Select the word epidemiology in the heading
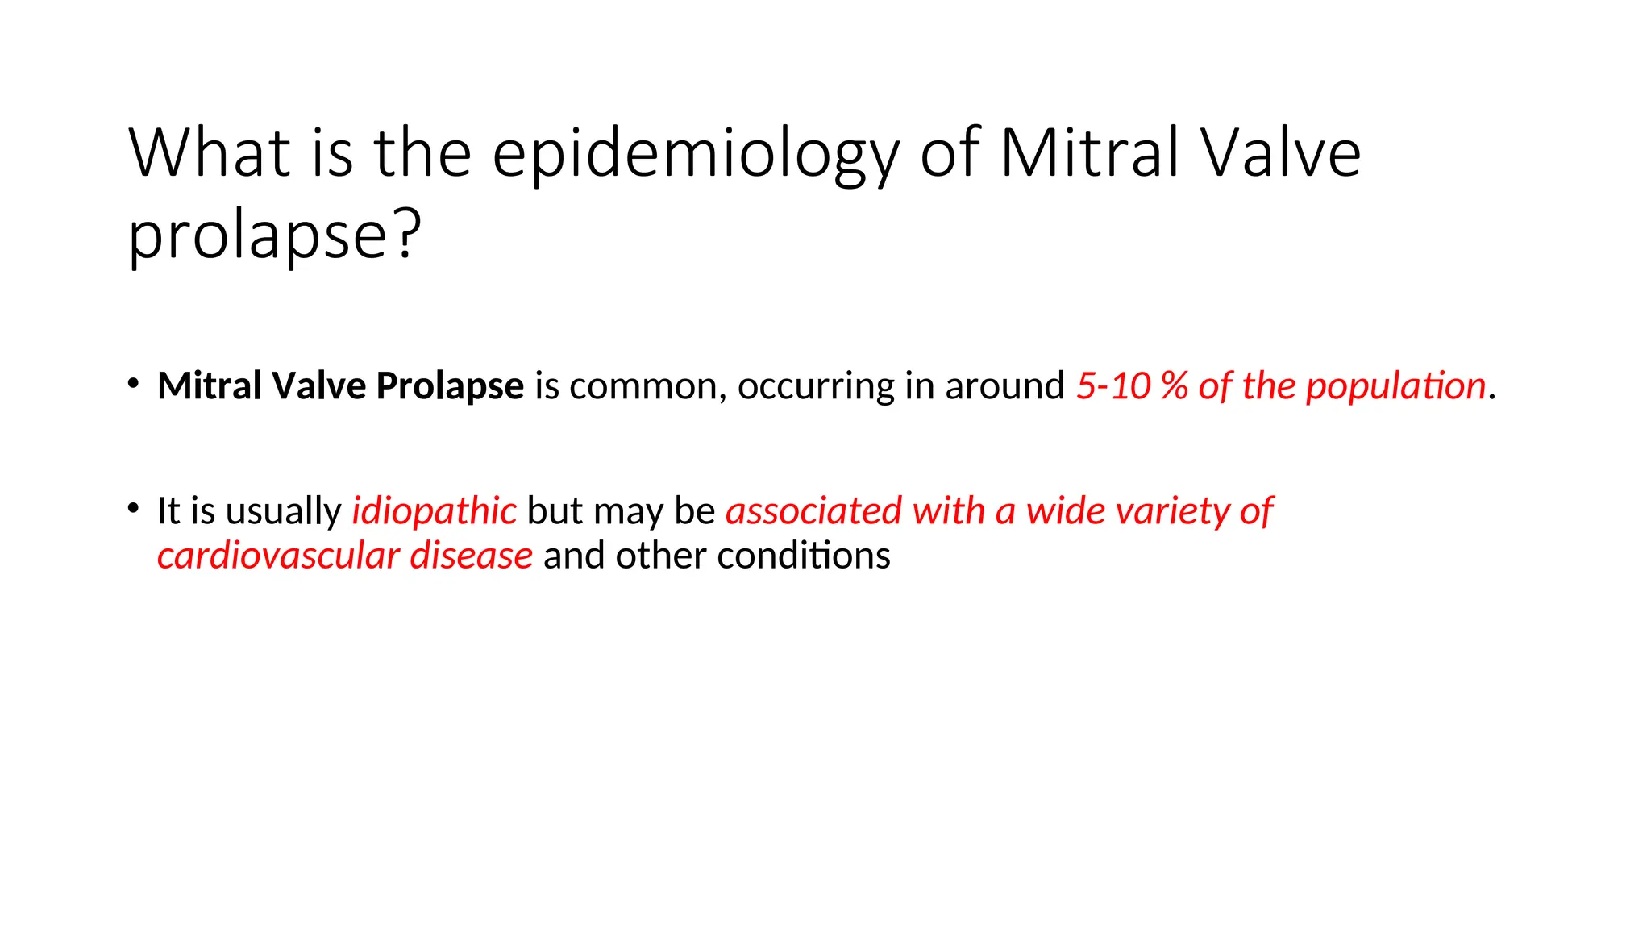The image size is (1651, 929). click(x=695, y=154)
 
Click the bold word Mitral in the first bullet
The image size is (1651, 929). click(x=209, y=385)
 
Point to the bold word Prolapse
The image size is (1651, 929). click(x=450, y=386)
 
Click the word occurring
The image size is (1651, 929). click(x=815, y=386)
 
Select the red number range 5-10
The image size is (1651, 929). click(x=1113, y=386)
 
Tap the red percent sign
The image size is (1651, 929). click(x=1175, y=386)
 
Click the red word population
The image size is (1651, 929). click(x=1395, y=386)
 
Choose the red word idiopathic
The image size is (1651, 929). click(x=434, y=511)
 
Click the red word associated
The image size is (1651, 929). click(x=813, y=511)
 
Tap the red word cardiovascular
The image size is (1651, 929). click(x=278, y=556)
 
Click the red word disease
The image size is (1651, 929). click(x=471, y=556)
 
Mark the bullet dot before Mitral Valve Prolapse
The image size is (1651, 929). click(x=133, y=383)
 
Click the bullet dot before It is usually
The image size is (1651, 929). click(x=133, y=508)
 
